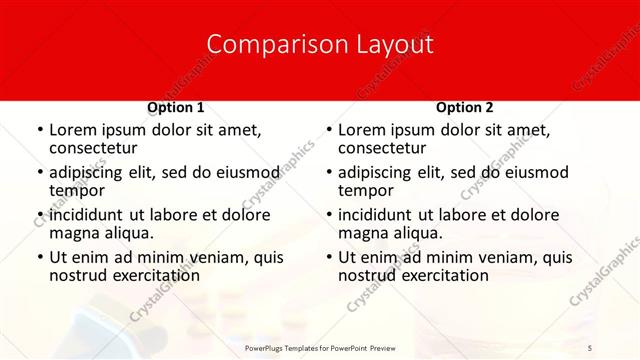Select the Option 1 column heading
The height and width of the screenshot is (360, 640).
(x=176, y=107)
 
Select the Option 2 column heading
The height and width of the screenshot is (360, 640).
(x=465, y=107)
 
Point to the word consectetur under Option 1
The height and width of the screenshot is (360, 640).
(x=93, y=149)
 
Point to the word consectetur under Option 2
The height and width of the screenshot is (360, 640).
(x=382, y=149)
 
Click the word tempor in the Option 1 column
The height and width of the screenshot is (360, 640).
(x=74, y=191)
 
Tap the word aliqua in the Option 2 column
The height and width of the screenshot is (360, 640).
(x=419, y=234)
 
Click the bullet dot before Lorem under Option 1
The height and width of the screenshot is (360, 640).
(x=39, y=130)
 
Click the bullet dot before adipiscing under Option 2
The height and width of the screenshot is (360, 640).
(x=328, y=172)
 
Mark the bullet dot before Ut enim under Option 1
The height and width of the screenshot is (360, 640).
(x=39, y=257)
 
